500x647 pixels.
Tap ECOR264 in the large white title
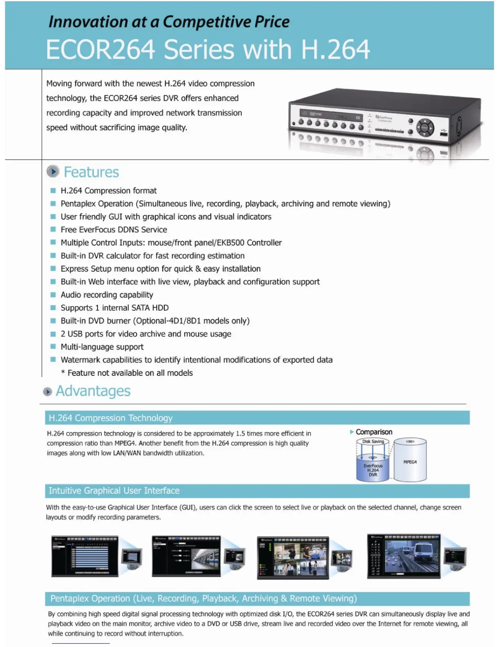coord(100,50)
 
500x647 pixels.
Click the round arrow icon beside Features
coord(53,172)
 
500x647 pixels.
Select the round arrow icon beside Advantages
coord(47,391)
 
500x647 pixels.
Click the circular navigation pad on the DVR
coord(425,127)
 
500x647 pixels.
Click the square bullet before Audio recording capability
coord(53,295)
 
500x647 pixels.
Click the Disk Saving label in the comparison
coord(373,441)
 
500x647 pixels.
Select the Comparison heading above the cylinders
coord(373,432)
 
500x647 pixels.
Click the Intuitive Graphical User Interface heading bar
coord(257,491)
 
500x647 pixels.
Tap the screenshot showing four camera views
coord(292,557)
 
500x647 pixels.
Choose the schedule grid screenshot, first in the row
coord(85,556)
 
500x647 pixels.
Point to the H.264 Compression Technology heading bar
coord(257,418)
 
